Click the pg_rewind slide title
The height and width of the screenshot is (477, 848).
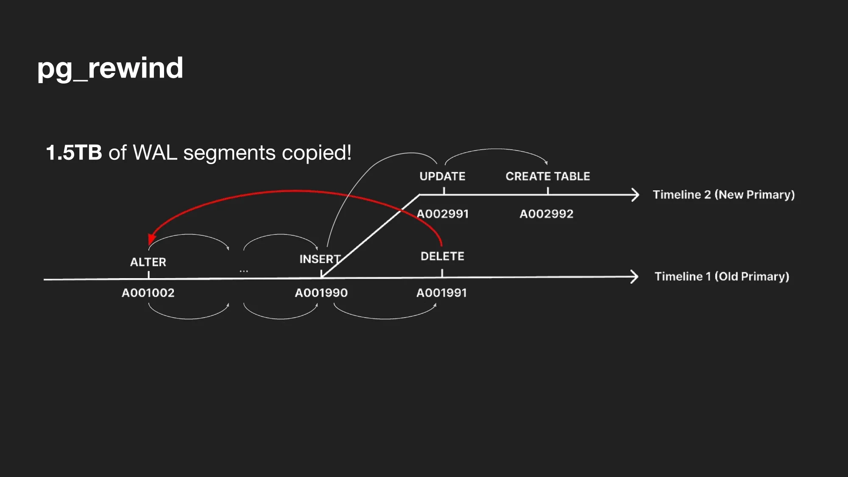click(110, 68)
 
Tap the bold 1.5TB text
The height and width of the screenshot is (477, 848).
click(74, 153)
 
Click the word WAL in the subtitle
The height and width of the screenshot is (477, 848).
click(155, 153)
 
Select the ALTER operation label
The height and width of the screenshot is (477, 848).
click(148, 262)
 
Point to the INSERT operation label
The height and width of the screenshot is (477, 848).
click(320, 259)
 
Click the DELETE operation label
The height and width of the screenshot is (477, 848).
click(442, 256)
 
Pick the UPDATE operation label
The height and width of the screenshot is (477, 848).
click(442, 176)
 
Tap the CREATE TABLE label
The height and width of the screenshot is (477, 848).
click(548, 176)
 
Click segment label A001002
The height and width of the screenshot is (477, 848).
click(148, 293)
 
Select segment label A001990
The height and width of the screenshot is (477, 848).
click(321, 293)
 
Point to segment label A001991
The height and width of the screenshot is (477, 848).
click(441, 293)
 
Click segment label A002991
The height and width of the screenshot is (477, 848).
click(443, 214)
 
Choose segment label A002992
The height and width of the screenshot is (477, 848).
click(547, 214)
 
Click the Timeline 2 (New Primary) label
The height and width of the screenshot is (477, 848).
click(723, 195)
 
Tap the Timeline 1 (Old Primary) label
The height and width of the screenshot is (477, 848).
click(722, 276)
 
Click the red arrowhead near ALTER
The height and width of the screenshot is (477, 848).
click(151, 240)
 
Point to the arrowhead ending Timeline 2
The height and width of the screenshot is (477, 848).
click(635, 195)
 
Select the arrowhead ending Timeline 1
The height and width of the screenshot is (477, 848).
click(634, 276)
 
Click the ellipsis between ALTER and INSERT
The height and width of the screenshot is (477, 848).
click(244, 271)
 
